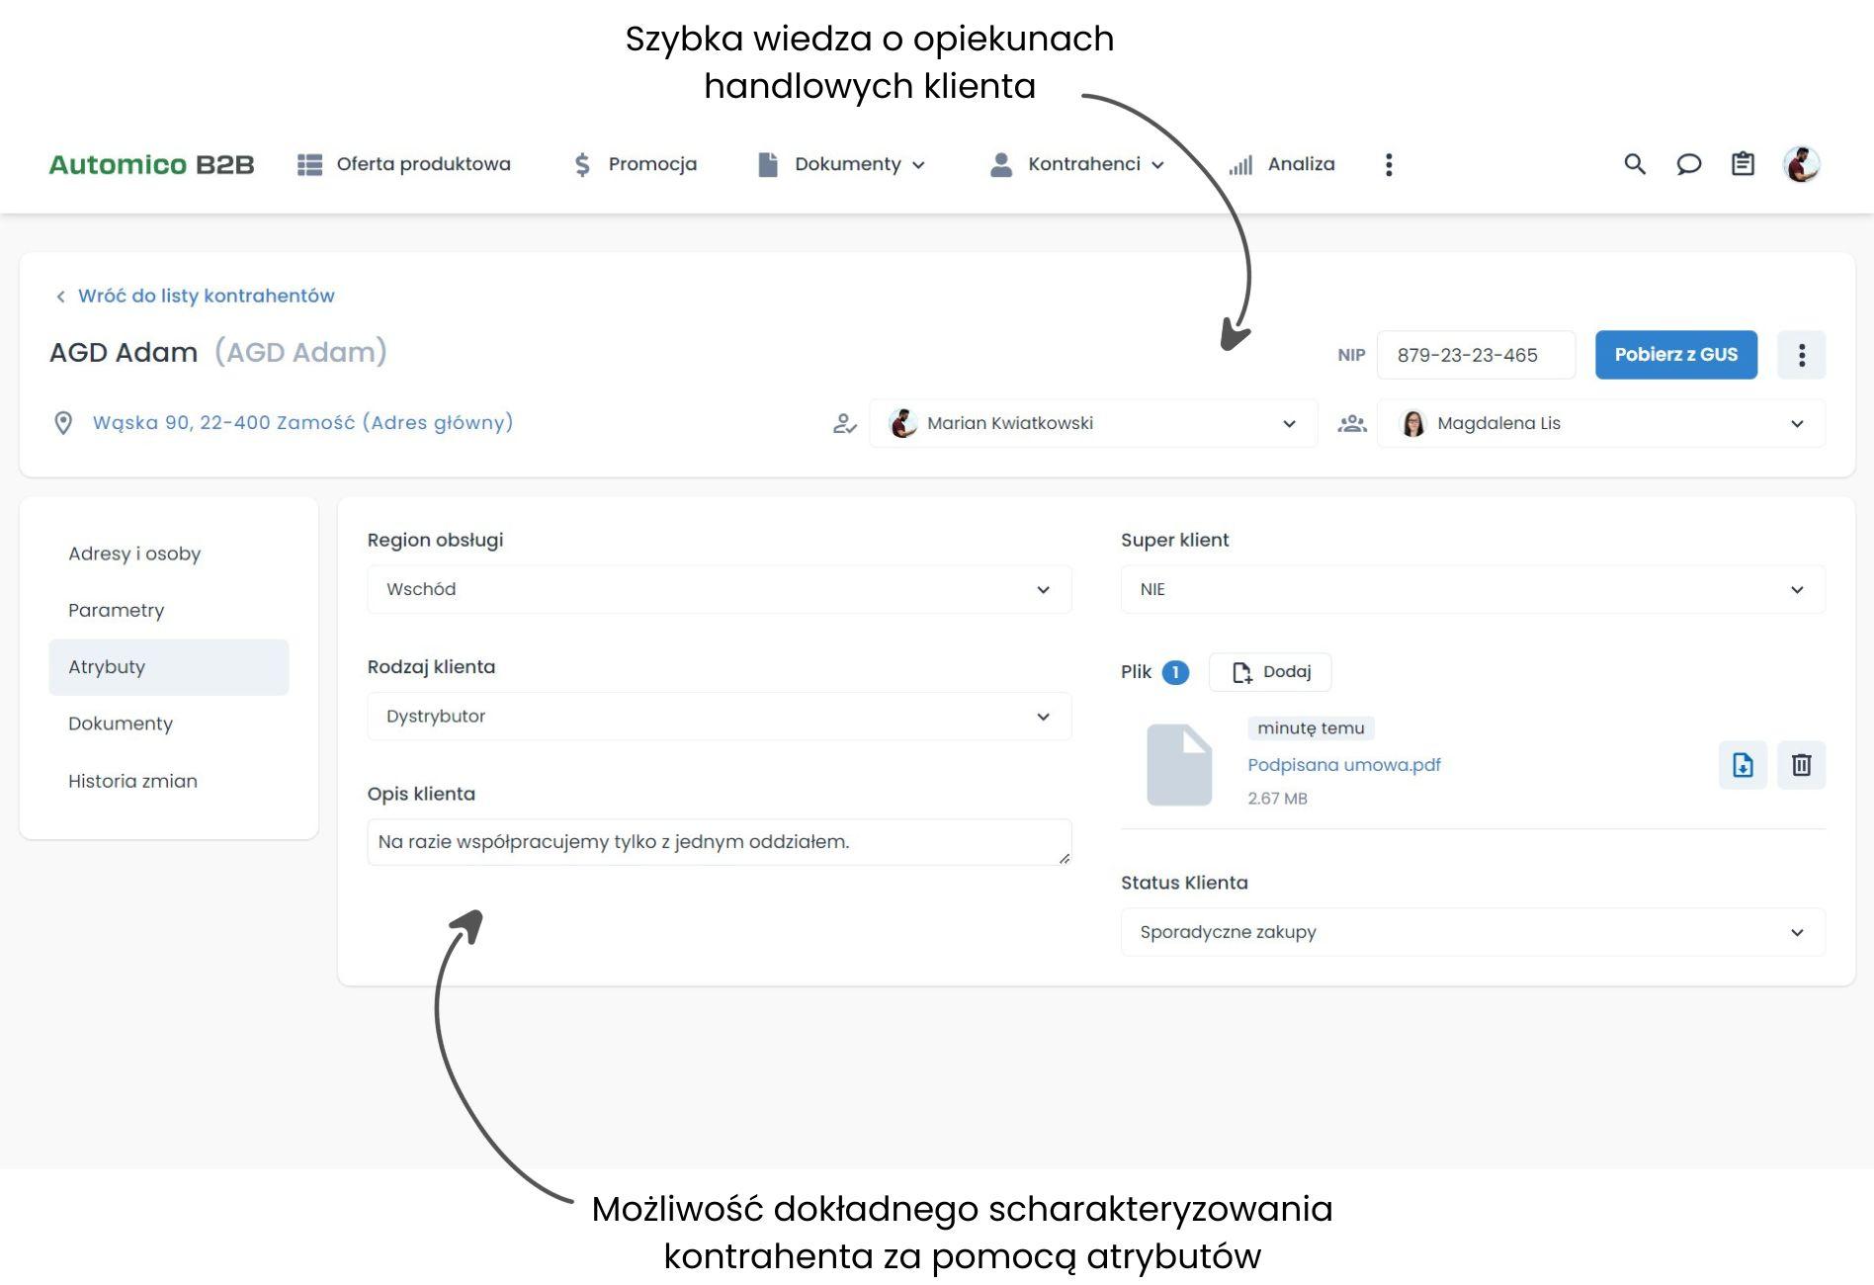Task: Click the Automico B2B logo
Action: coord(151,164)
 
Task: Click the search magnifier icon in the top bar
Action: coord(1635,164)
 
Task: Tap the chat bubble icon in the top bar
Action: coord(1689,164)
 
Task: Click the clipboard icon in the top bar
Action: coord(1743,164)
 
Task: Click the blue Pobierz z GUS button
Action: coord(1675,355)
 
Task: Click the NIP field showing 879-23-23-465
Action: coord(1475,355)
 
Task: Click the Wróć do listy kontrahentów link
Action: coord(206,296)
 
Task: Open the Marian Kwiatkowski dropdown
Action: coord(1092,423)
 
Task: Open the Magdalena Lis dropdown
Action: coord(1600,423)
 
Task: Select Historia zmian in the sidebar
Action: coord(132,781)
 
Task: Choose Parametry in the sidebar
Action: coord(116,610)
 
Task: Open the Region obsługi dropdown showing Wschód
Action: coord(719,589)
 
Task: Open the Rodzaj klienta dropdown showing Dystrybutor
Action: coord(719,717)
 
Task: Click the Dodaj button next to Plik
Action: coord(1270,672)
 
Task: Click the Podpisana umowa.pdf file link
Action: coord(1343,765)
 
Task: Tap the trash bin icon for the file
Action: coord(1801,765)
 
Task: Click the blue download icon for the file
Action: coord(1743,765)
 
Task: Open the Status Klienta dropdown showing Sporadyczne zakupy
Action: coord(1472,932)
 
